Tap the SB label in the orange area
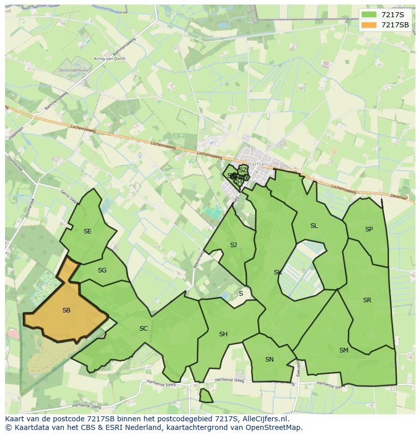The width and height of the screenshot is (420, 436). (x=66, y=310)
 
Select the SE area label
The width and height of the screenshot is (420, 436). (x=88, y=231)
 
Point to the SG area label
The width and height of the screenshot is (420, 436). (x=102, y=270)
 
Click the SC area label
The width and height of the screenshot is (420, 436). (x=144, y=329)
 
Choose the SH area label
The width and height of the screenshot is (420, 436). (x=223, y=334)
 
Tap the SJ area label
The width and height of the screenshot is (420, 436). (x=233, y=245)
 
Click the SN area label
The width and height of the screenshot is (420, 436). (x=269, y=360)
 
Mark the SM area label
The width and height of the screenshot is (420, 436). (x=344, y=350)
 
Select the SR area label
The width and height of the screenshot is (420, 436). (x=367, y=300)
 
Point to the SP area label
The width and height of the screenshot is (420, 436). (x=369, y=229)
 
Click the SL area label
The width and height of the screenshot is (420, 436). (x=314, y=226)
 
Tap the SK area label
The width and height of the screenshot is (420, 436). (x=277, y=272)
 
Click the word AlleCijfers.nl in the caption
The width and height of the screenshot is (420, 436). (x=264, y=419)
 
